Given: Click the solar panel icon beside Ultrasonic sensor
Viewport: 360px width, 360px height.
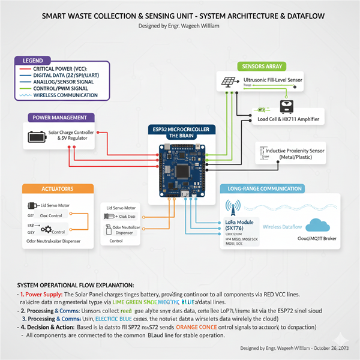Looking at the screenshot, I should (x=228, y=82).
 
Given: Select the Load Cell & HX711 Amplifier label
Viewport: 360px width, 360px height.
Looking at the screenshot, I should (x=288, y=119).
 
